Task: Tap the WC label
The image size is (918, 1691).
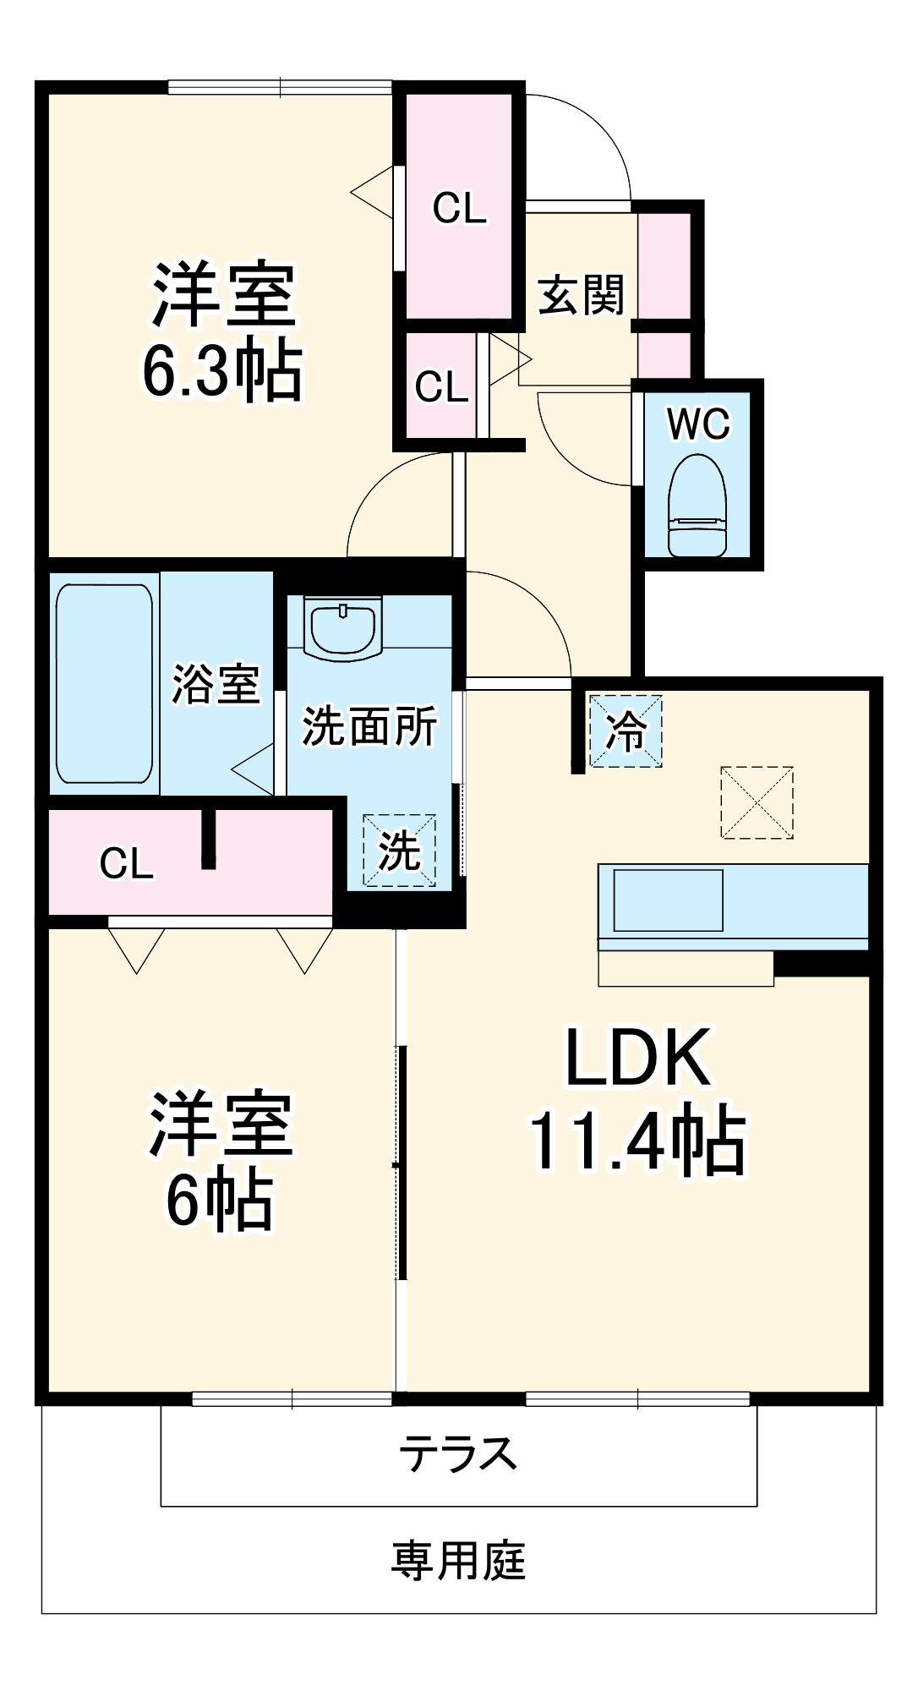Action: pos(698,424)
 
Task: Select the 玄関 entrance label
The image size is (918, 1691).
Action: pos(581,295)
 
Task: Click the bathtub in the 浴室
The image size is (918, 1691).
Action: pos(105,684)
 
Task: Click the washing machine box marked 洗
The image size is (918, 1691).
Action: pos(399,851)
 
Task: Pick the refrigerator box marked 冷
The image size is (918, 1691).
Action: pos(626,731)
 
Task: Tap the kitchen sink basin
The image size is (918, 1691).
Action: pos(668,900)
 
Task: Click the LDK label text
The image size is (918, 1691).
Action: pos(637,1058)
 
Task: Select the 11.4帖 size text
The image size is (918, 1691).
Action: pos(637,1141)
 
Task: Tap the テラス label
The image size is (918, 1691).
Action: pos(458,1453)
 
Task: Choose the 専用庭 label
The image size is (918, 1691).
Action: pos(458,1561)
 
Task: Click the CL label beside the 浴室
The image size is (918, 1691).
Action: pos(127,863)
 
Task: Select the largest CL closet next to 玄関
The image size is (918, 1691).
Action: pos(459,207)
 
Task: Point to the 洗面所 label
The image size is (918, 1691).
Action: pos(369,725)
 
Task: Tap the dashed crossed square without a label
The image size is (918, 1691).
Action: pos(757,802)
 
